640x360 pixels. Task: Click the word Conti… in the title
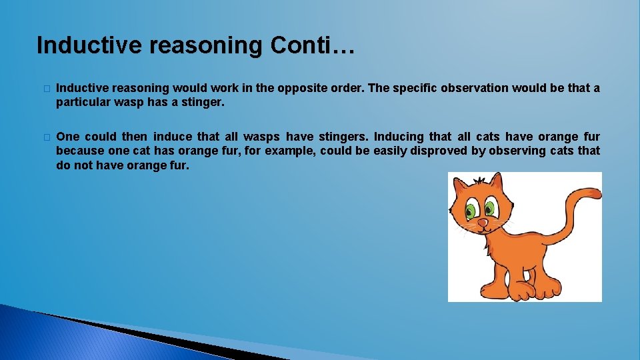click(x=313, y=45)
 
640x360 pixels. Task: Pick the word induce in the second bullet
click(x=173, y=136)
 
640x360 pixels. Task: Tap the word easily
click(x=391, y=151)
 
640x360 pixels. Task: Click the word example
click(x=291, y=151)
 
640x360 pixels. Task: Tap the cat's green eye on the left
click(x=471, y=212)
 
